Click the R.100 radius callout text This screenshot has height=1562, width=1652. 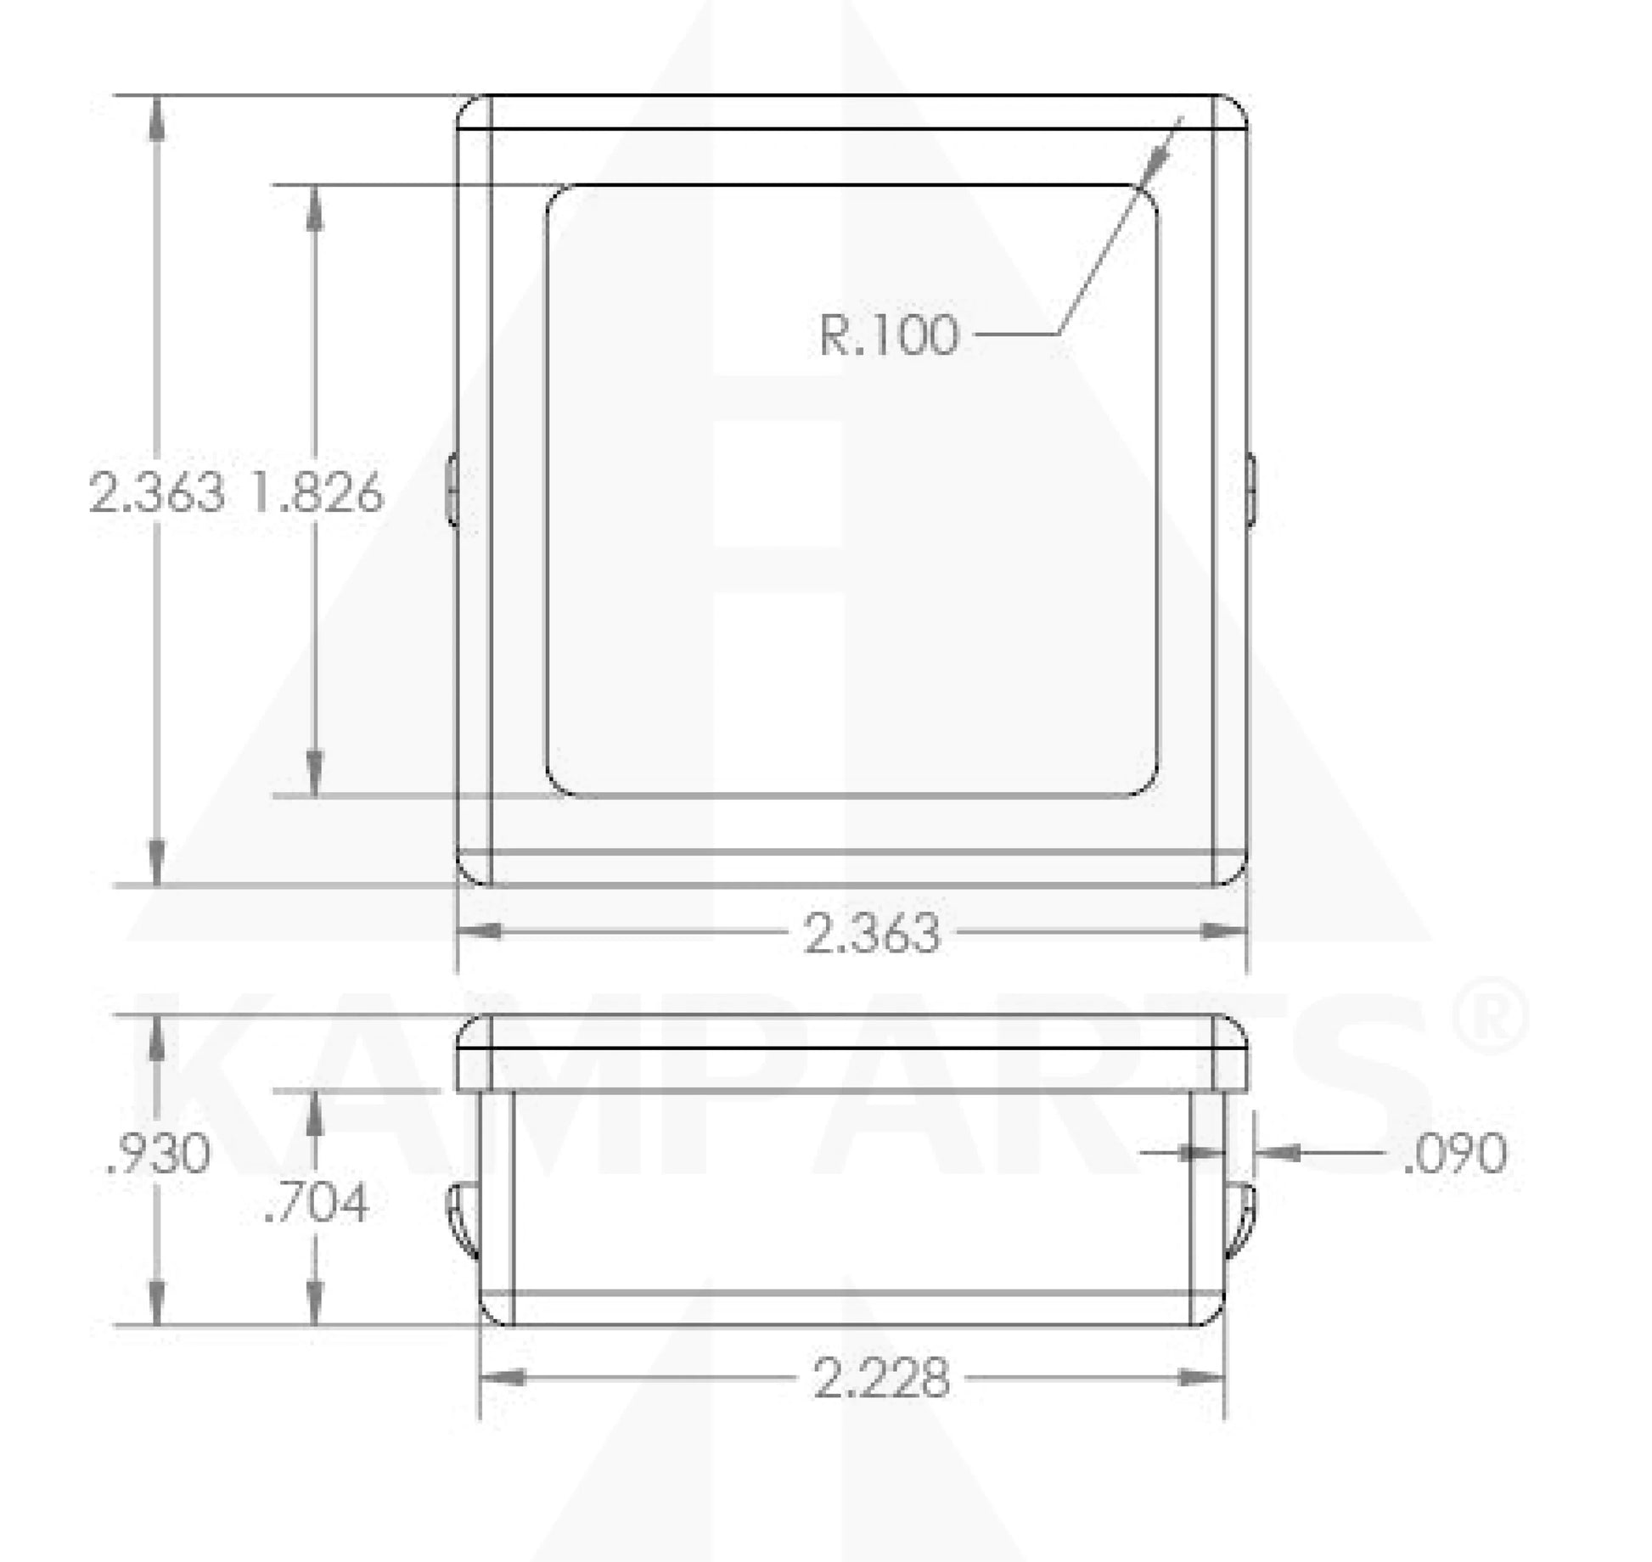888,335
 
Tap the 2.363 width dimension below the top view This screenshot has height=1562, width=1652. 871,933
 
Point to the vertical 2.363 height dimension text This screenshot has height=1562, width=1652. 158,492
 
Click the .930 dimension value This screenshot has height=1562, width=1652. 158,1155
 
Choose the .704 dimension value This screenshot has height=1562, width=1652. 317,1204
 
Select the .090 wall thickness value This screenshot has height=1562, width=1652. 1455,1153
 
